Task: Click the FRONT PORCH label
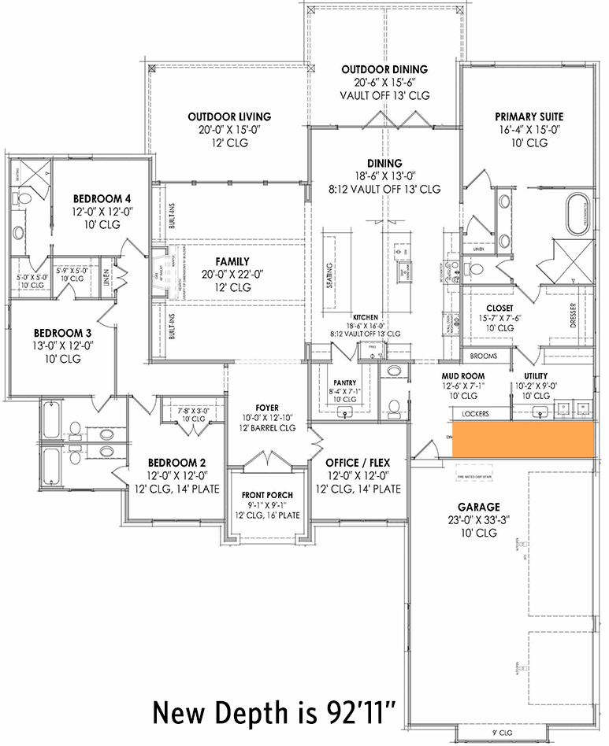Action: pos(268,495)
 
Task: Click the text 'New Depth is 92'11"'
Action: pos(280,713)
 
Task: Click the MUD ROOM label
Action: pos(463,377)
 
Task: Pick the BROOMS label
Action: pos(483,356)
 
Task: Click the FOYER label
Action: pos(266,408)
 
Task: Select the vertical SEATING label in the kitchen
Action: pos(329,275)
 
